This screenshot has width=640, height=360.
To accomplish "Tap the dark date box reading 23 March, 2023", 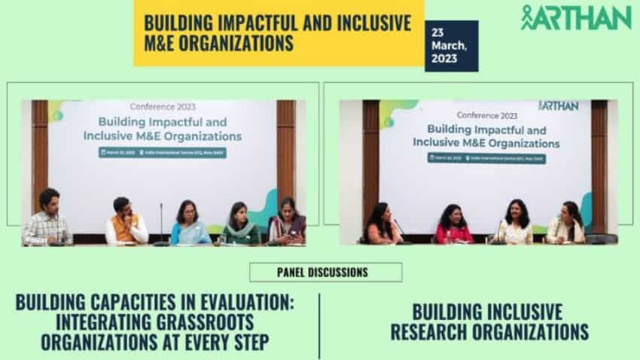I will pos(451,46).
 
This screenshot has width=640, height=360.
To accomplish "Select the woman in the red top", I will pos(454,225).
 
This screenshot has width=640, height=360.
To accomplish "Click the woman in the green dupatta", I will pos(239,224).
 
